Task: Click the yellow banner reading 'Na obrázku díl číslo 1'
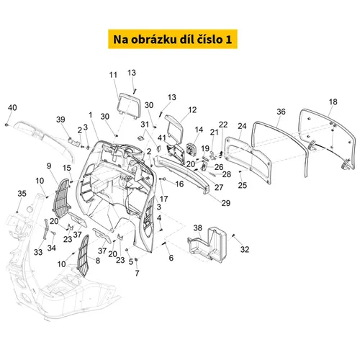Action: click(x=173, y=39)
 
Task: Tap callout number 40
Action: click(x=12, y=107)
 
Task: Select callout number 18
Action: click(x=333, y=102)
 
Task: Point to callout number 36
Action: click(x=281, y=112)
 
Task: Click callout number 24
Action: click(x=242, y=126)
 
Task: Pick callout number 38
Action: click(x=198, y=228)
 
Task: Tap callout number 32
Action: click(x=245, y=249)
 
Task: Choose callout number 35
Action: click(x=22, y=194)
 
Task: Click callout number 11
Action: click(x=113, y=75)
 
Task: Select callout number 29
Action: click(x=225, y=203)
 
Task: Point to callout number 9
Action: click(x=49, y=166)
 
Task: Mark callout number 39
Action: click(x=60, y=120)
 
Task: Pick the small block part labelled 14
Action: click(x=192, y=149)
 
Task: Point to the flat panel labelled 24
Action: click(x=248, y=159)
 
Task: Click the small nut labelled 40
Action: click(x=6, y=125)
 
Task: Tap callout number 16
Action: click(x=179, y=184)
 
